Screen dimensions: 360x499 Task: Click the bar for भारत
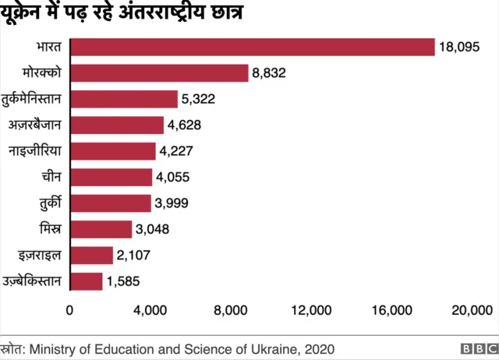(253, 47)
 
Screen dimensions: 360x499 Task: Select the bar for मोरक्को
(159, 73)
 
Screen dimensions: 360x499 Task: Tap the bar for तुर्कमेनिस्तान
(124, 99)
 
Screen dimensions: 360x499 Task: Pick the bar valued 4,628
(117, 125)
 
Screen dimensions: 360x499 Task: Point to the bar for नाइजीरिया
(113, 151)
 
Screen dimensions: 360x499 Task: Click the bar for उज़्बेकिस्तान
(87, 281)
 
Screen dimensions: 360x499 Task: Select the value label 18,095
(458, 47)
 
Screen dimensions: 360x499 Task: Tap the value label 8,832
(271, 73)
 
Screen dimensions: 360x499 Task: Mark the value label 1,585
(124, 281)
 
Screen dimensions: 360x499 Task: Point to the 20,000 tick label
(472, 310)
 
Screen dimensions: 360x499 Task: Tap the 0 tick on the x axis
(70, 310)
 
